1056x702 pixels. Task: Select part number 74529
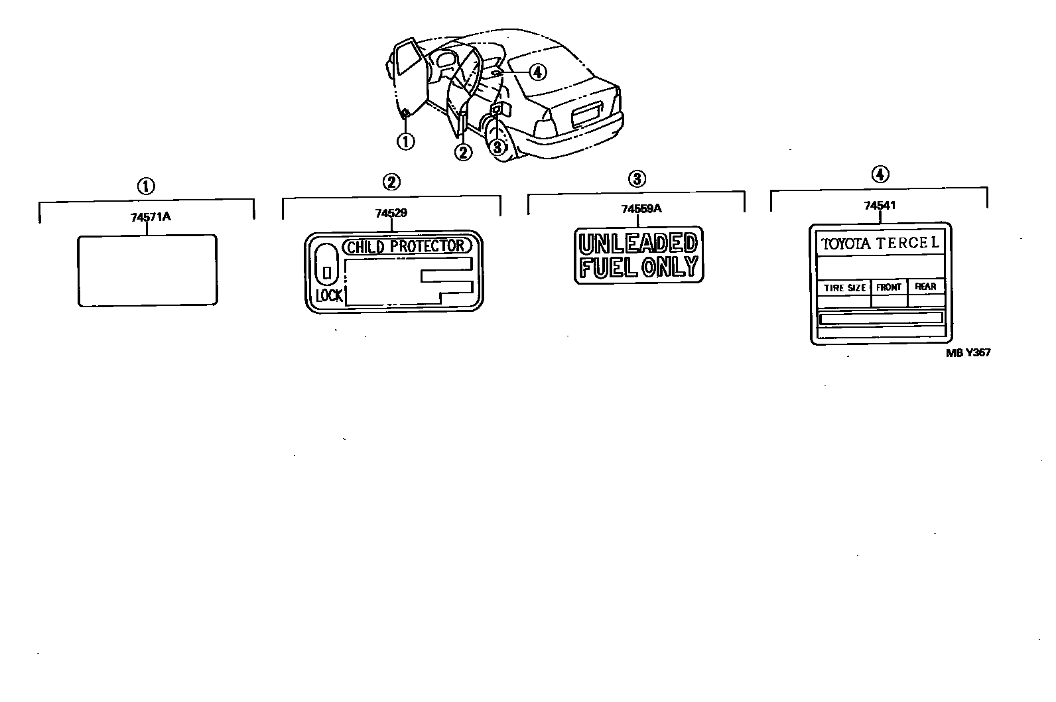click(x=391, y=213)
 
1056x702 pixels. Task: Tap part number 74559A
click(x=641, y=208)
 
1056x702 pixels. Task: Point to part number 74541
click(x=880, y=205)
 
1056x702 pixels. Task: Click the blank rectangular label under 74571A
click(x=147, y=270)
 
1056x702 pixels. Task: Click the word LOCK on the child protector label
click(x=329, y=296)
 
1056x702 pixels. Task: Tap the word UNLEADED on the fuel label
click(x=638, y=243)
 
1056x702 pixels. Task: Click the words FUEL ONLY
click(x=638, y=267)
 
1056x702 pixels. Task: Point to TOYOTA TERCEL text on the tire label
click(x=880, y=244)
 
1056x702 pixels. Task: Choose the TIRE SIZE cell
click(x=844, y=288)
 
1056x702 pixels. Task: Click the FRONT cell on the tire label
click(x=889, y=287)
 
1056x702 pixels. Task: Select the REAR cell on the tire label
click(x=925, y=287)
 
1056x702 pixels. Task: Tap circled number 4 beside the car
click(x=537, y=72)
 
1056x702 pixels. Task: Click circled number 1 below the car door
click(x=405, y=141)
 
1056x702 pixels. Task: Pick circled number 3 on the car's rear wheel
click(x=498, y=147)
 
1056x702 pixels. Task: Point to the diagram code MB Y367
click(x=968, y=353)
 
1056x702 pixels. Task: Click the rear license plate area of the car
click(x=586, y=117)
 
